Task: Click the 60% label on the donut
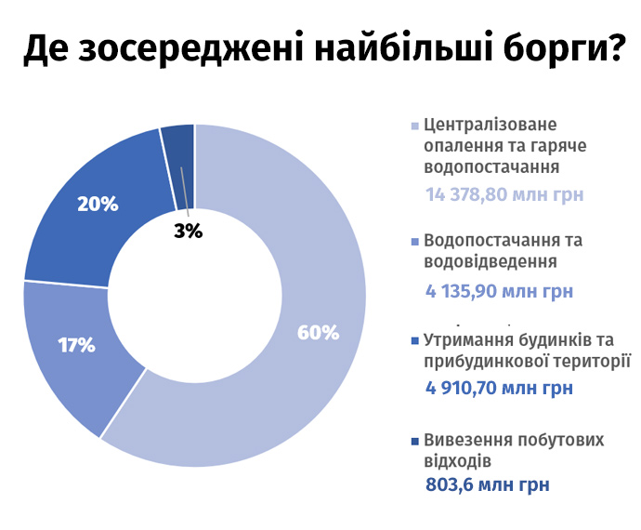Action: tap(318, 332)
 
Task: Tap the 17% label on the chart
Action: tap(76, 345)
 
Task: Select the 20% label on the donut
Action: tap(98, 204)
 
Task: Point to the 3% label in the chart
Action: tap(188, 232)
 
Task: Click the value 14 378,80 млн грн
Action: tap(504, 194)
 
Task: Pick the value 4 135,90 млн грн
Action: tap(499, 291)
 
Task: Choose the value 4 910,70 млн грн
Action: tap(499, 388)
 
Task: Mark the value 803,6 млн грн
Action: tap(488, 484)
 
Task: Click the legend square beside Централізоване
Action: tap(415, 126)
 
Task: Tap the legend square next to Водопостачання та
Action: tap(415, 242)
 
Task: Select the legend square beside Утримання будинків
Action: tap(415, 341)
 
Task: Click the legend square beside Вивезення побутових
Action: tap(415, 441)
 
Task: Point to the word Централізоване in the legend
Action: tap(491, 125)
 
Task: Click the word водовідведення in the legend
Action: tap(491, 261)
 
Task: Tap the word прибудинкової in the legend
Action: tap(481, 363)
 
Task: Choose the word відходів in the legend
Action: tap(457, 461)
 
